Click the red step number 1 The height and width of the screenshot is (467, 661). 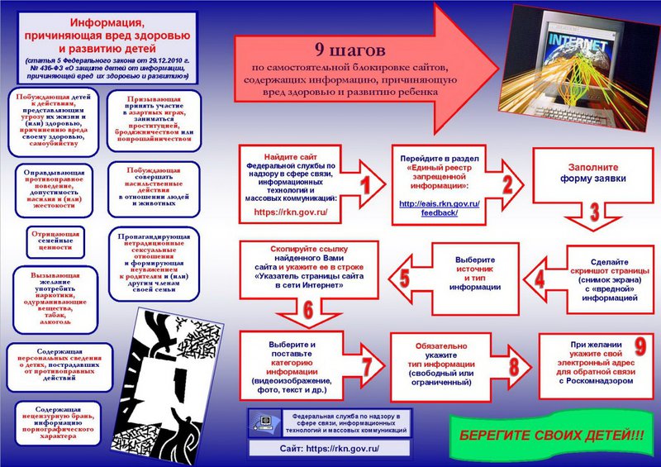tap(365, 185)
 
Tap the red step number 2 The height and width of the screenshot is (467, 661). tap(507, 184)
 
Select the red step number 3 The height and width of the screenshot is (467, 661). tap(594, 212)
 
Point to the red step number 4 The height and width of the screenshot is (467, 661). tap(540, 279)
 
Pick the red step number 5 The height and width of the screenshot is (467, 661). tap(404, 278)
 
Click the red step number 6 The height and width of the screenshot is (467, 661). tap(308, 310)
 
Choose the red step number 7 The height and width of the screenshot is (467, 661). tap(367, 366)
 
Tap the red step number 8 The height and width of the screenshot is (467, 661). tap(514, 366)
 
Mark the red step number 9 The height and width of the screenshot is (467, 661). tap(640, 346)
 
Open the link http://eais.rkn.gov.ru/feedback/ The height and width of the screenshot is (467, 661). tap(440, 208)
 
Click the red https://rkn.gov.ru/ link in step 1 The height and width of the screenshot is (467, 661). tap(291, 212)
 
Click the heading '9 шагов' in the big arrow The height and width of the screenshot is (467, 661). tap(350, 50)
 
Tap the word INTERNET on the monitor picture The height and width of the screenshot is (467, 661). tap(578, 41)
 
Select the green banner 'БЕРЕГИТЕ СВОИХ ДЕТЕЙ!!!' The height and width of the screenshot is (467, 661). tap(552, 436)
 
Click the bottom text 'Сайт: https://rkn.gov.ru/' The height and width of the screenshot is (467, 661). tap(329, 449)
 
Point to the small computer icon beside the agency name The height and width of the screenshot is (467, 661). tap(264, 423)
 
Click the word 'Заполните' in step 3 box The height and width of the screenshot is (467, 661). tap(592, 167)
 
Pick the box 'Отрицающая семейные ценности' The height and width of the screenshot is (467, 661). tap(55, 241)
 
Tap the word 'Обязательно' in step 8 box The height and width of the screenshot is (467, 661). tap(441, 346)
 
